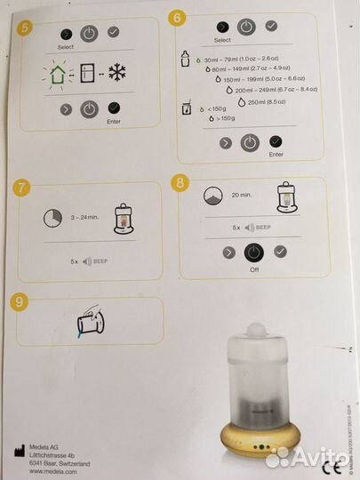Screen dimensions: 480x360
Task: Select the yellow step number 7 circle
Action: (21, 188)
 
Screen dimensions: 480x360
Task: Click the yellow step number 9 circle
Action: (20, 301)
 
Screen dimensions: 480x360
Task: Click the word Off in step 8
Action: (255, 269)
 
